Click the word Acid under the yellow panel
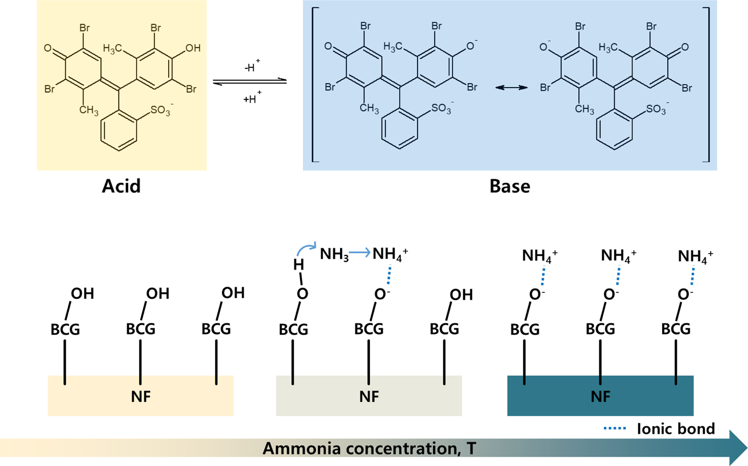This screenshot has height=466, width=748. [121, 186]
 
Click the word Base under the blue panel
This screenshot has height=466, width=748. [510, 186]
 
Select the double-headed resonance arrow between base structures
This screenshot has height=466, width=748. [511, 87]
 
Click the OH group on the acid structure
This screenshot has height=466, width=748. [193, 48]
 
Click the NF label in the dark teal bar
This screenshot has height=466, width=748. [600, 396]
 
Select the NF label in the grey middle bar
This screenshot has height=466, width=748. [369, 396]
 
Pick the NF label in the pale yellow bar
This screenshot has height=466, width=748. [141, 396]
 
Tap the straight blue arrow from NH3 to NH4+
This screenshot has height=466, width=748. [359, 253]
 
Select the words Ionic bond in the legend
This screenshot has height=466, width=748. [676, 429]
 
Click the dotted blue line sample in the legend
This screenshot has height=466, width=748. [615, 428]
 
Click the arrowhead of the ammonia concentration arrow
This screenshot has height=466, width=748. [738, 448]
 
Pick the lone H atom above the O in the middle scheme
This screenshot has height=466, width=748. [298, 265]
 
